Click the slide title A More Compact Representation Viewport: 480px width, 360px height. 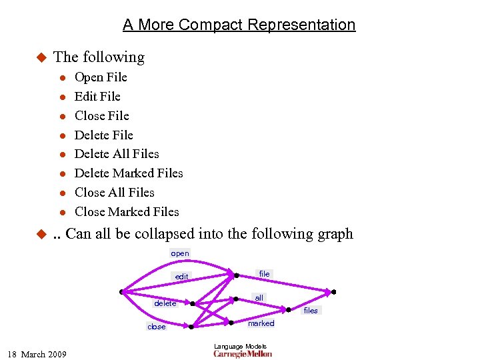point(239,25)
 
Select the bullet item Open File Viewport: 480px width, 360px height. point(101,77)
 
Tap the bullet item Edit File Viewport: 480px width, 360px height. point(97,97)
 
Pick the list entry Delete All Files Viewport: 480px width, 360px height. point(117,154)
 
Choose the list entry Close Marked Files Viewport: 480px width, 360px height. point(127,212)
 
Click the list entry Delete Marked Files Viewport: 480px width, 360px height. point(129,173)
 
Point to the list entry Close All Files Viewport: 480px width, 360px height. point(114,193)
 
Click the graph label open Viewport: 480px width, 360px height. point(180,253)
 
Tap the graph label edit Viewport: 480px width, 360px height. point(181,277)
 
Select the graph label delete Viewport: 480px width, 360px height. point(165,303)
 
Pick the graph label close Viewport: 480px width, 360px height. point(157,327)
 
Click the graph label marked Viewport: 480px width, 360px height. point(261,323)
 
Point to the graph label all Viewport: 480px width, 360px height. point(259,297)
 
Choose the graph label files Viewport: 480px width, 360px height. point(311,311)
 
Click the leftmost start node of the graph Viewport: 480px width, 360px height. point(121,291)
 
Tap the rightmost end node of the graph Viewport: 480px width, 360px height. point(333,291)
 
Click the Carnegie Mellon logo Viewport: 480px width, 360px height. point(243,354)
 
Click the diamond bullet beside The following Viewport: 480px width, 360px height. point(39,57)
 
